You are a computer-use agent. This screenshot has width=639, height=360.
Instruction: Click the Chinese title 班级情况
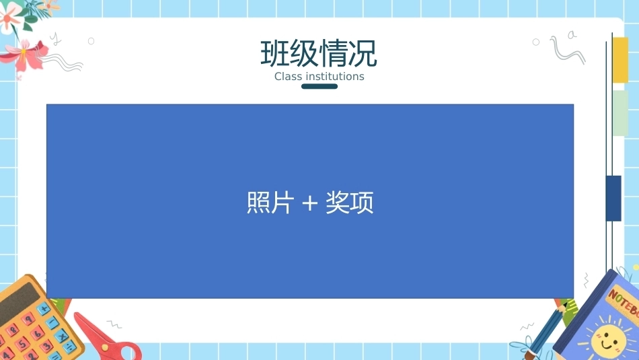point(319,53)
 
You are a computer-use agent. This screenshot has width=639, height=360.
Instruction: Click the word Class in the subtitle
point(288,76)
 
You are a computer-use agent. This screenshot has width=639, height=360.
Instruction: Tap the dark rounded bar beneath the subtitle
point(319,86)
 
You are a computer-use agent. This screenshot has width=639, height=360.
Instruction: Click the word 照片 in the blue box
point(270,203)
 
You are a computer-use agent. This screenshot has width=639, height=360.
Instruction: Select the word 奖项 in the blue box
point(350,203)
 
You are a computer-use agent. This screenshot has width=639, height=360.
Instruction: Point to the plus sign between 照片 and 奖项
point(309,203)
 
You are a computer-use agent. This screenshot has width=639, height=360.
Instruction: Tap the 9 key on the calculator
point(28,318)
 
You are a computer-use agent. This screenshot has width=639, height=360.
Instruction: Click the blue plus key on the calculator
point(44,309)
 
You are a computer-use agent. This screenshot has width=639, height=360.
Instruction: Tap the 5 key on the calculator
point(22,344)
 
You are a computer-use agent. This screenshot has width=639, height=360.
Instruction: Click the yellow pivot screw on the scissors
point(105,347)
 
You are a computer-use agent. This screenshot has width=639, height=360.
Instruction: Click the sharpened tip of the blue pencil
point(566,304)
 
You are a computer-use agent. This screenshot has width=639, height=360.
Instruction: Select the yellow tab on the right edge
point(620,60)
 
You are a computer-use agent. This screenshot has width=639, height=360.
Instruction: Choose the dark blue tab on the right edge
point(613,199)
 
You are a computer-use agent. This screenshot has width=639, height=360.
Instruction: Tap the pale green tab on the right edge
point(620,113)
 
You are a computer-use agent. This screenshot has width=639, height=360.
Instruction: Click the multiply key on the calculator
point(61,336)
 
